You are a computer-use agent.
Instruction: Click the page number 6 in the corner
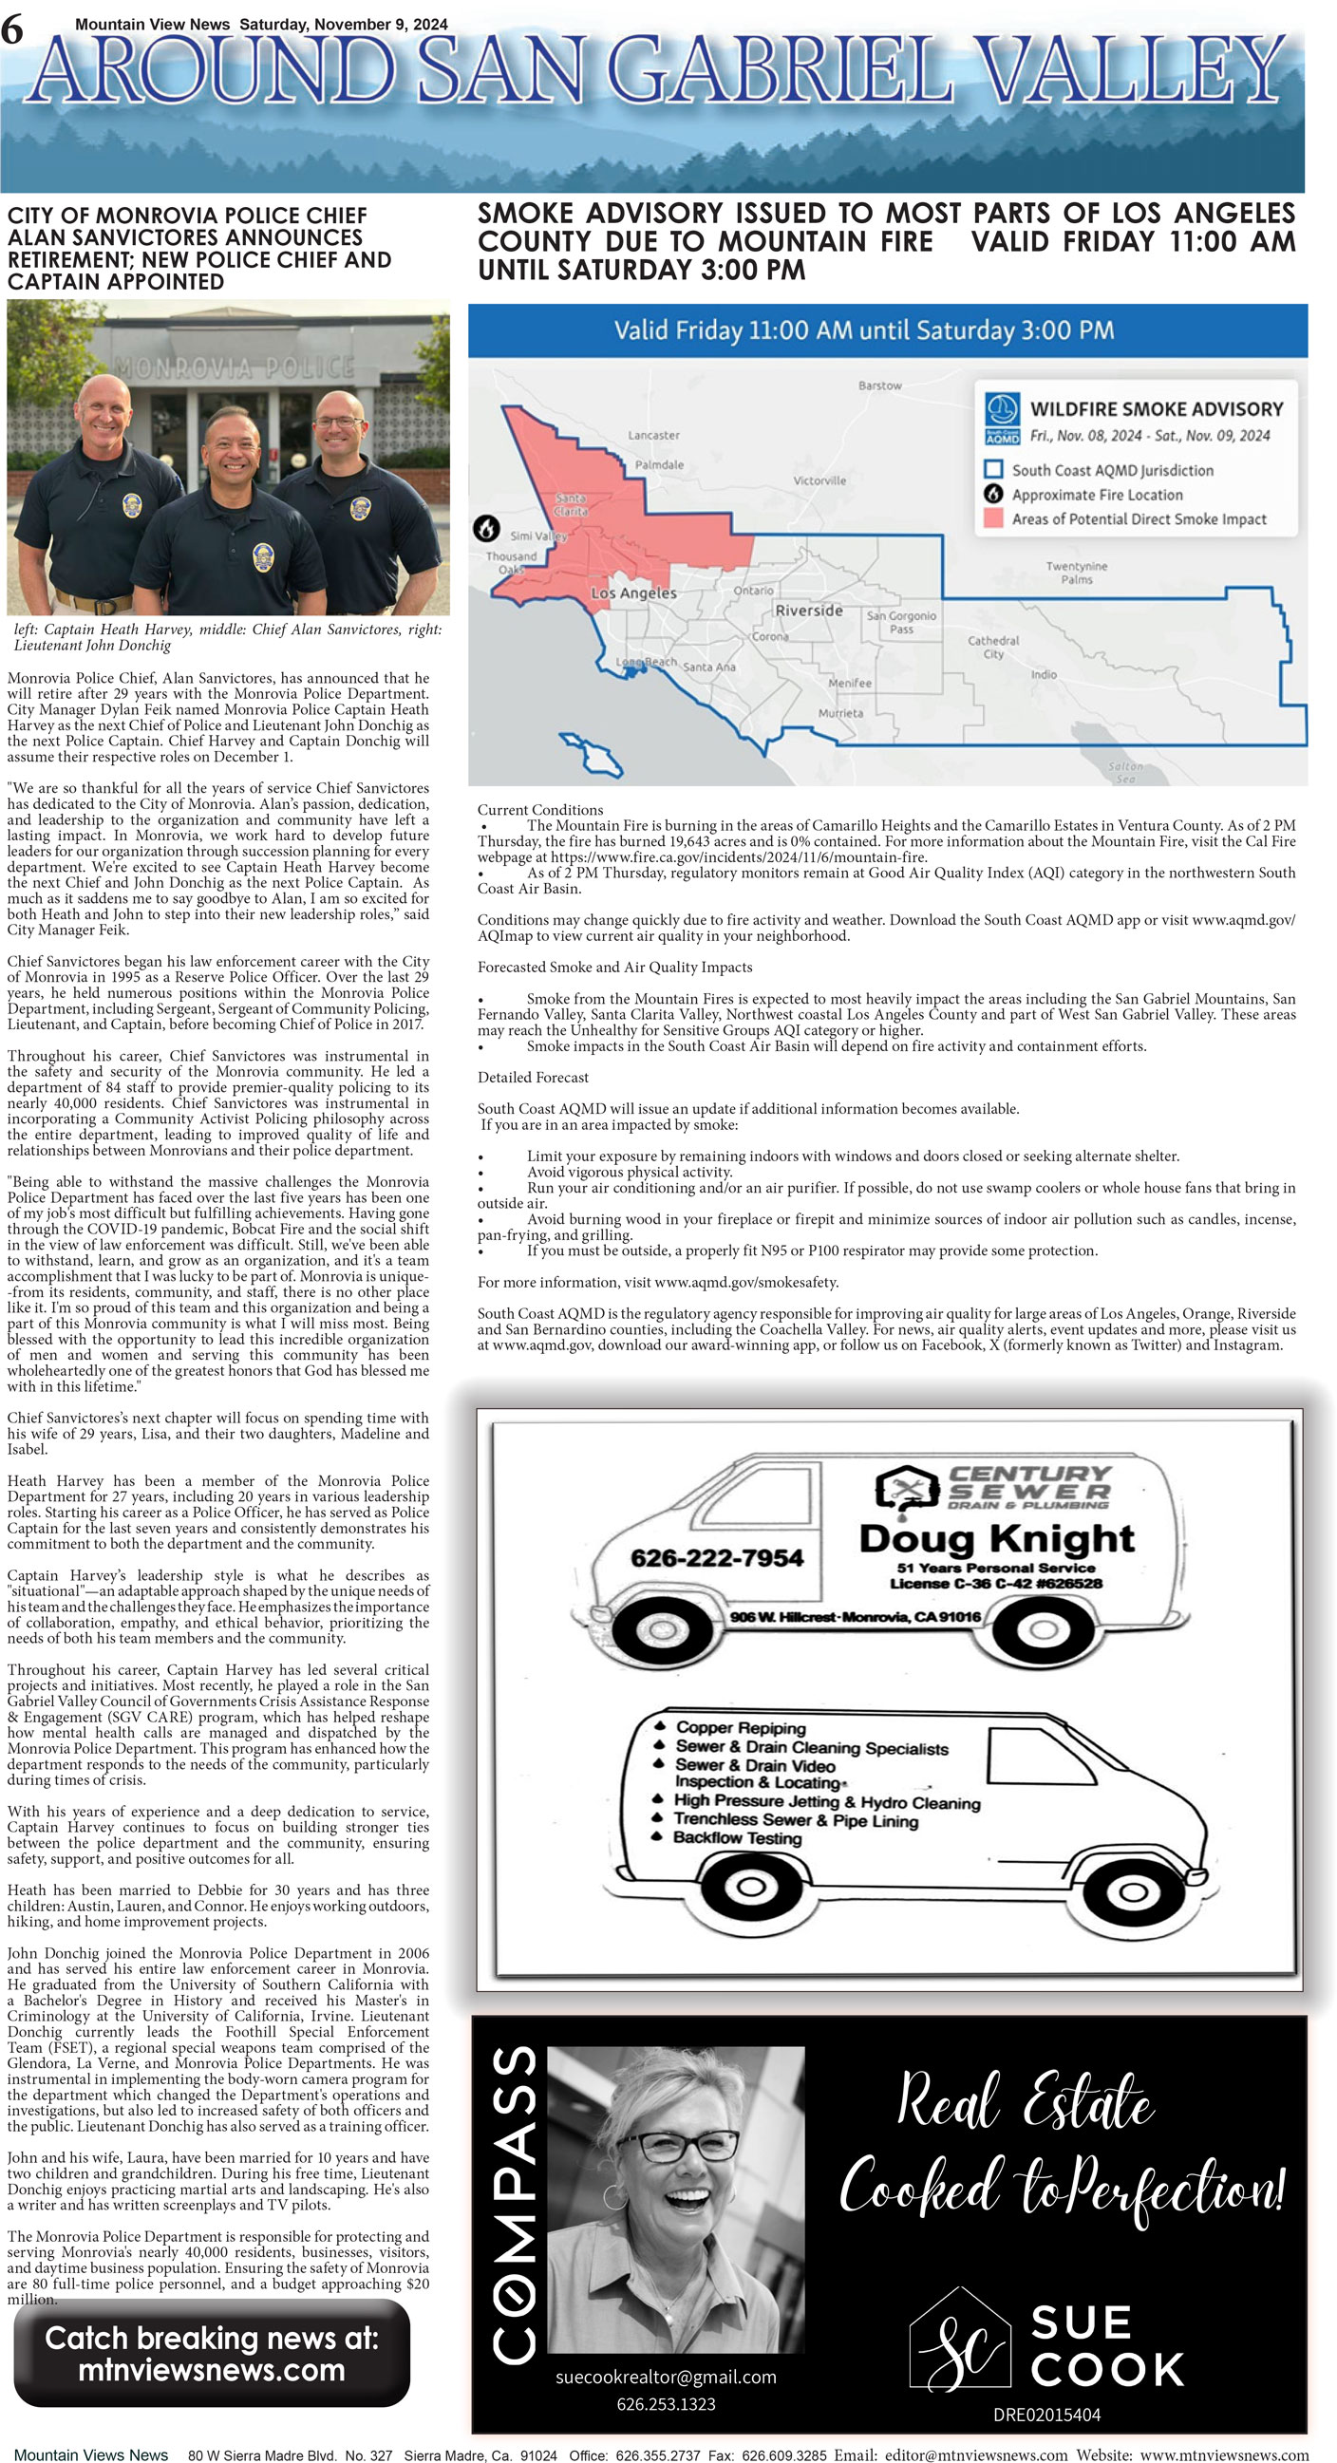(x=11, y=30)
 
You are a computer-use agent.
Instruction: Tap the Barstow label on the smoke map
(x=879, y=385)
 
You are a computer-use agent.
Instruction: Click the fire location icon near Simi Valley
(x=487, y=528)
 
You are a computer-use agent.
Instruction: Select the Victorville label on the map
(x=819, y=481)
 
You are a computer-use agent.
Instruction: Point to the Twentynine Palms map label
(x=1076, y=573)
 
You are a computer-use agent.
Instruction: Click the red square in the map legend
(x=993, y=519)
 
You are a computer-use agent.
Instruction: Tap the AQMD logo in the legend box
(x=1002, y=419)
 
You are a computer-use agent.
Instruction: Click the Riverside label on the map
(x=808, y=610)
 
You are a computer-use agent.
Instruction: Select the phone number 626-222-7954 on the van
(x=716, y=1558)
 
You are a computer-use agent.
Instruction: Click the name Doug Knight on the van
(x=995, y=1538)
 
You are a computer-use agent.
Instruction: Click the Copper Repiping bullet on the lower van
(x=740, y=1728)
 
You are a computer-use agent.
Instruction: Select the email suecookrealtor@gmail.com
(x=666, y=2377)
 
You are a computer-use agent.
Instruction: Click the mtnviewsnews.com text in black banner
(x=212, y=2370)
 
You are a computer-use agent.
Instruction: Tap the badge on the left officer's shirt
(x=132, y=505)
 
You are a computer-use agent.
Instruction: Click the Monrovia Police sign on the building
(x=235, y=367)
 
